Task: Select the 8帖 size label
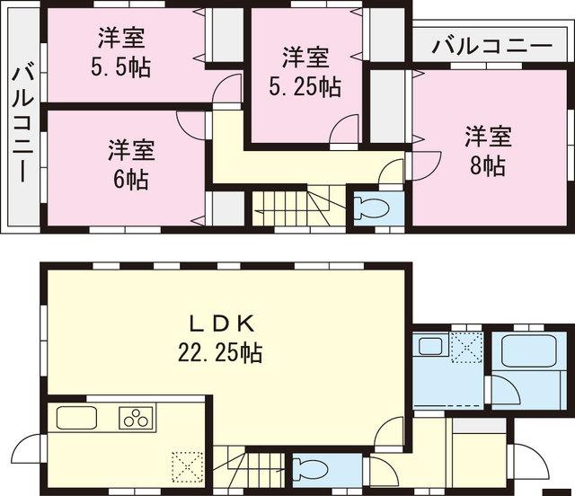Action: coord(488,166)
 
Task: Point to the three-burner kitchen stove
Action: coord(136,417)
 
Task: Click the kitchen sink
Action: coord(78,418)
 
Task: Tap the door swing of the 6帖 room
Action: coord(192,124)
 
